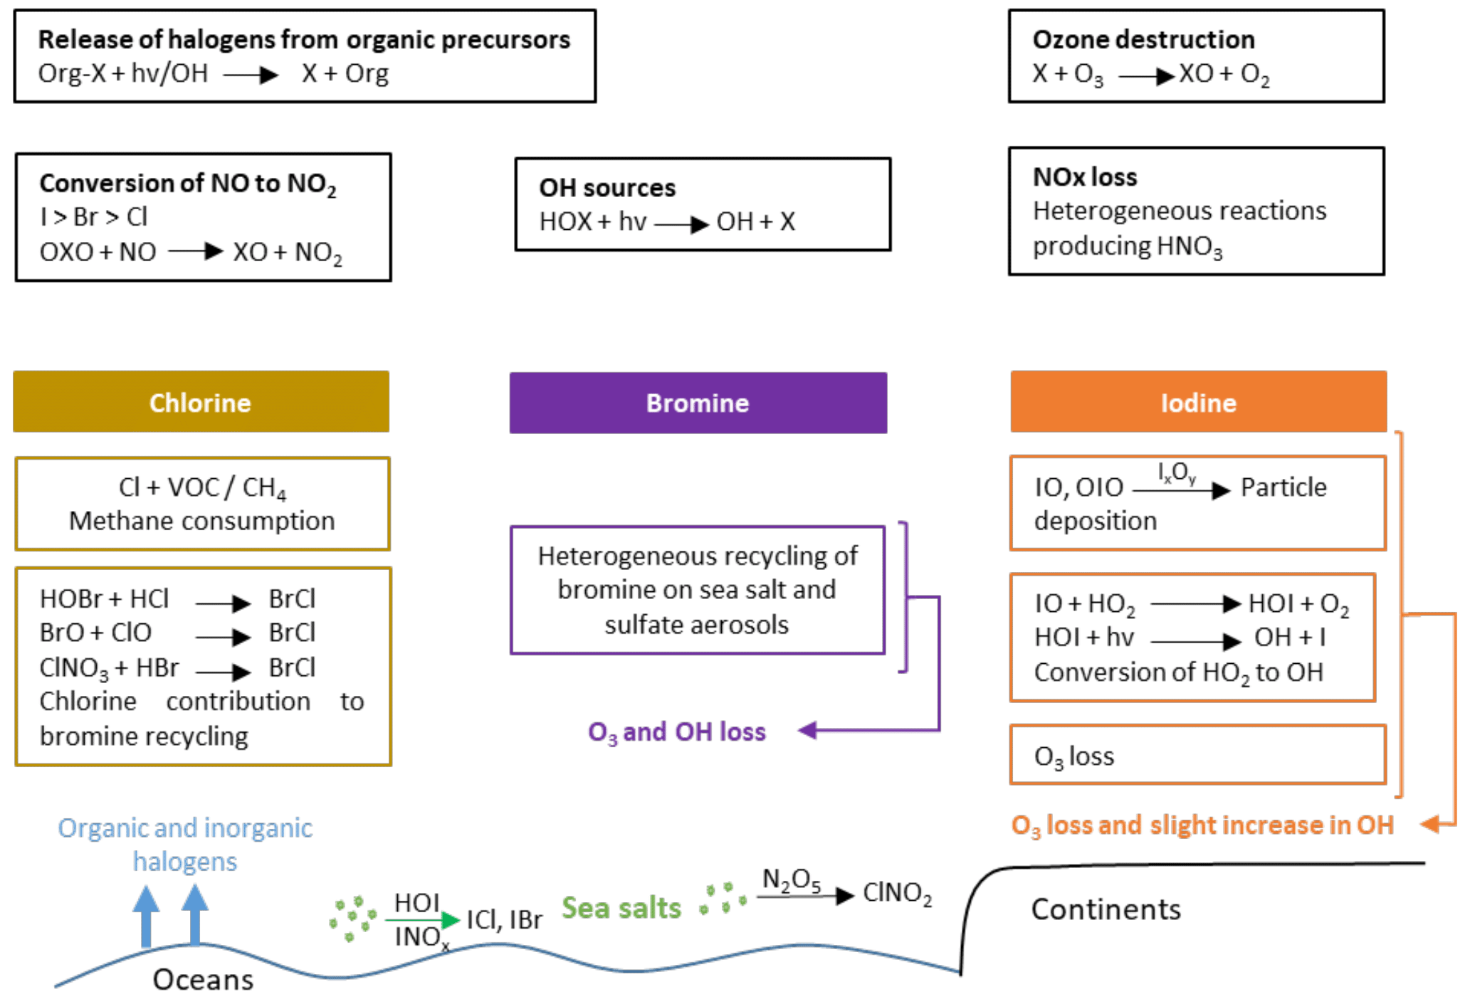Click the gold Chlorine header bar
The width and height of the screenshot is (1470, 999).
click(x=201, y=402)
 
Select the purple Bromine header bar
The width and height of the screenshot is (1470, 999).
click(x=698, y=403)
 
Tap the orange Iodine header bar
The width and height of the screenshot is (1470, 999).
click(x=1198, y=402)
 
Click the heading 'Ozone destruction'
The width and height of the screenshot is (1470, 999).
click(x=1143, y=40)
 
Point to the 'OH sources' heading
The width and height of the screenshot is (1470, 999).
click(x=607, y=188)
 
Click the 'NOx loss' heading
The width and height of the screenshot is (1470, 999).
click(x=1085, y=177)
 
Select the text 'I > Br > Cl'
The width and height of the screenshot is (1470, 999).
click(x=94, y=217)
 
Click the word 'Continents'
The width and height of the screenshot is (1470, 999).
click(x=1106, y=909)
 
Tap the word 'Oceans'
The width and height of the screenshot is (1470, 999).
click(x=203, y=980)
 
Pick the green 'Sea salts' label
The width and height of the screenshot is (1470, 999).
click(x=621, y=908)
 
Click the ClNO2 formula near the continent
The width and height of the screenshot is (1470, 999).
click(x=897, y=893)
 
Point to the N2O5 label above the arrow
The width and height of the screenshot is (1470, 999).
click(x=791, y=880)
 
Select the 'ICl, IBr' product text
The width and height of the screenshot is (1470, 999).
click(x=504, y=920)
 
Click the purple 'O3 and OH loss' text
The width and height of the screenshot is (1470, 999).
click(x=676, y=732)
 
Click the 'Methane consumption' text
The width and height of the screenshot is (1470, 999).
click(x=201, y=521)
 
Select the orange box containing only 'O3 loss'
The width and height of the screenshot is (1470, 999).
click(x=1197, y=755)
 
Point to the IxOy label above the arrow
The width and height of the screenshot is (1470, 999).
click(x=1176, y=472)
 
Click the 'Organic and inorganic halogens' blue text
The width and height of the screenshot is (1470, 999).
click(x=185, y=845)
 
